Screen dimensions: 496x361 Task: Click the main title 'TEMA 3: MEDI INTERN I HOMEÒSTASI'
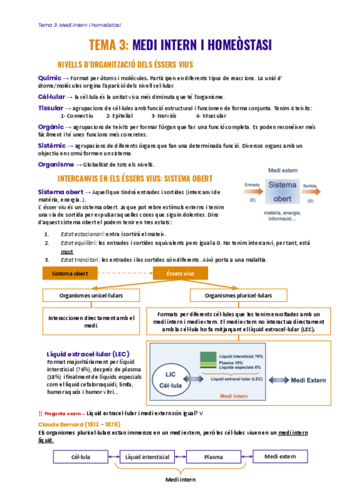click(180, 45)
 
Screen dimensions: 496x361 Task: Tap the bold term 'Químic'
click(49, 78)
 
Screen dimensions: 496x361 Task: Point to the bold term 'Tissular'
click(50, 108)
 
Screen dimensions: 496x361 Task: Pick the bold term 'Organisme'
click(56, 164)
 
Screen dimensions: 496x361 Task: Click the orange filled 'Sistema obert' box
click(70, 273)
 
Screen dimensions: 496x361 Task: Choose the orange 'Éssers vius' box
click(180, 273)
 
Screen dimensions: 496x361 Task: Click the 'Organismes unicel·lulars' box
click(91, 295)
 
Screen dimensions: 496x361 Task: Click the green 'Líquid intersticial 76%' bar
click(207, 357)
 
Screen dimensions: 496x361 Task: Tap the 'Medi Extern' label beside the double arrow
click(308, 380)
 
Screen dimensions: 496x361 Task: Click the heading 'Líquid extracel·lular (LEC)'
click(88, 354)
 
